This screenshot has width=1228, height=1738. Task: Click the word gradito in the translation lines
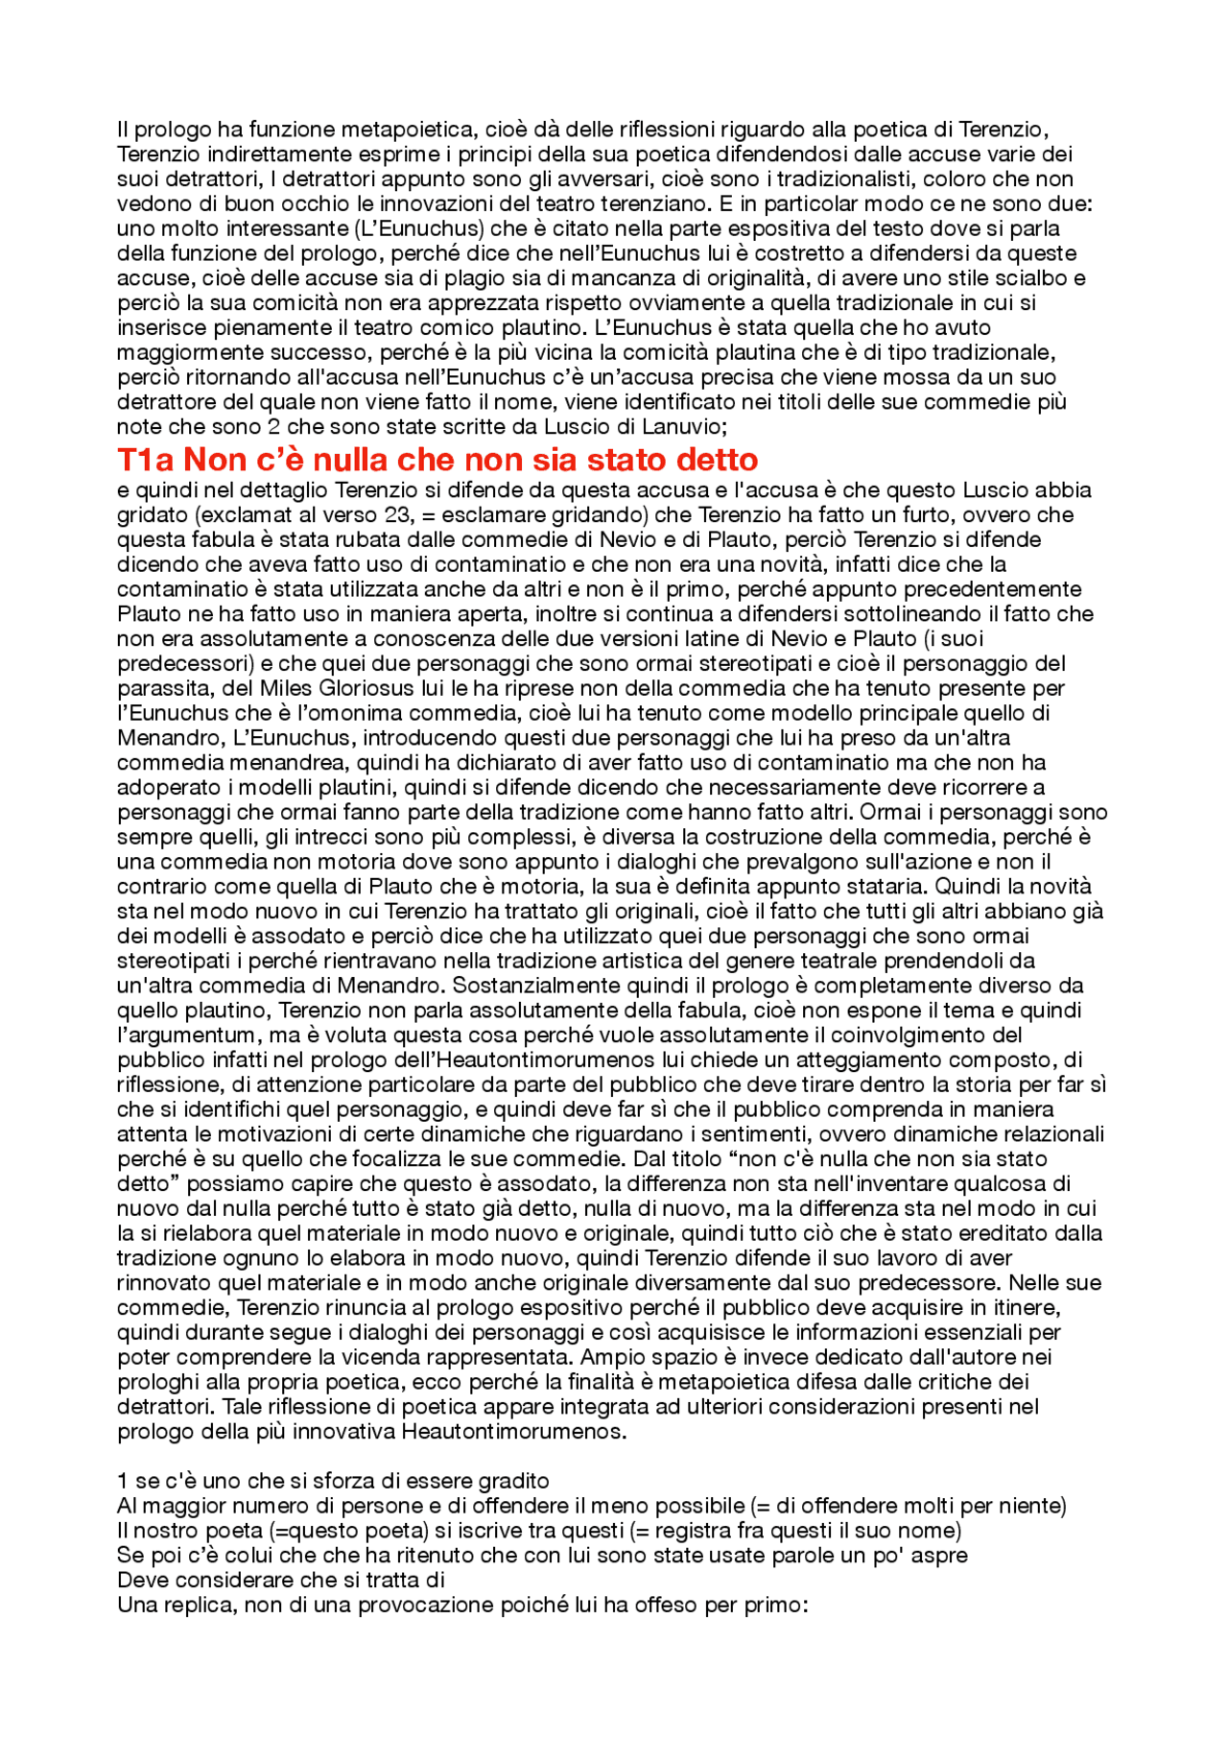pyautogui.click(x=514, y=1481)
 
